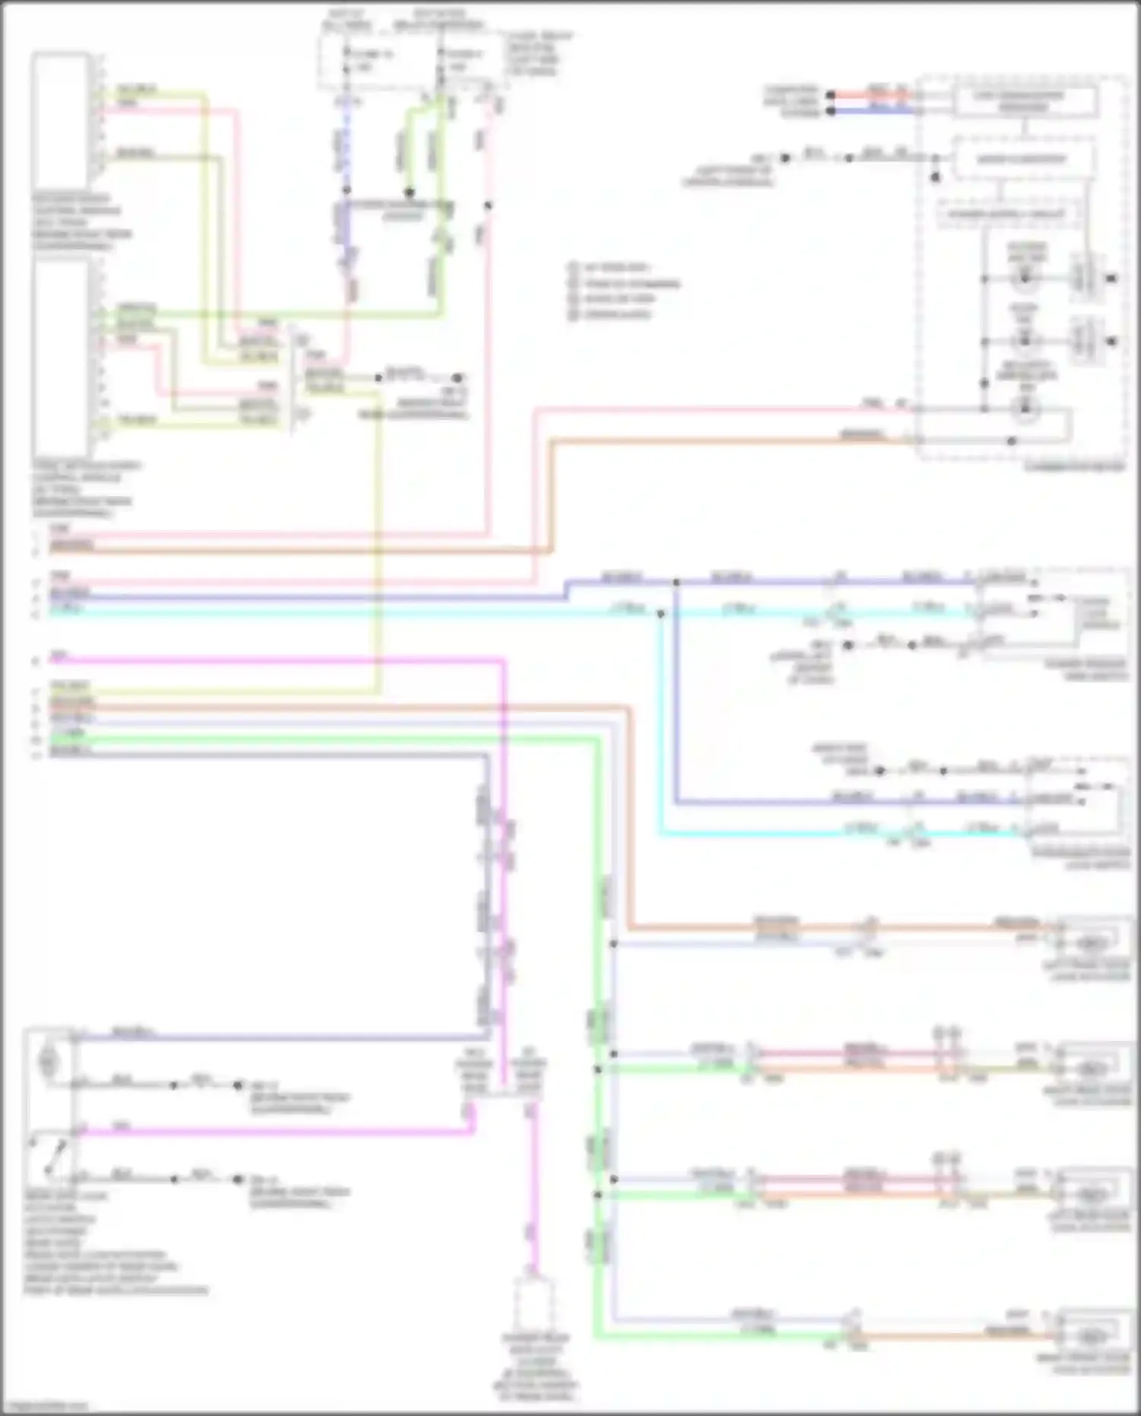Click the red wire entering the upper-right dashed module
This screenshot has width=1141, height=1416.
pos(875,96)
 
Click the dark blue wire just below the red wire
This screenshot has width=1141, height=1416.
pos(875,110)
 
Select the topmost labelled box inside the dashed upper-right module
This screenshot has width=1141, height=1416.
pos(1025,100)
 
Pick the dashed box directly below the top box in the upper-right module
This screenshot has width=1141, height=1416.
pos(1023,159)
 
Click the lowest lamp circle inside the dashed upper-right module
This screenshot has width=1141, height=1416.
pos(1025,410)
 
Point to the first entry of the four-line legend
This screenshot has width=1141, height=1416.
pos(616,268)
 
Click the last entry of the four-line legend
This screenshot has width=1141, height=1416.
pos(616,313)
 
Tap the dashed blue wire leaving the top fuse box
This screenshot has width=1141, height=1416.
pos(347,145)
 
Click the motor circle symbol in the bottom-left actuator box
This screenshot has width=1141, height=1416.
pos(48,1059)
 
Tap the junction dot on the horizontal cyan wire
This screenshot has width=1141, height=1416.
pos(660,613)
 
